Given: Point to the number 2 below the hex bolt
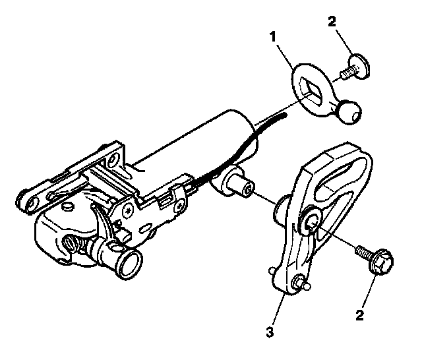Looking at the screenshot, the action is click(x=360, y=315).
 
